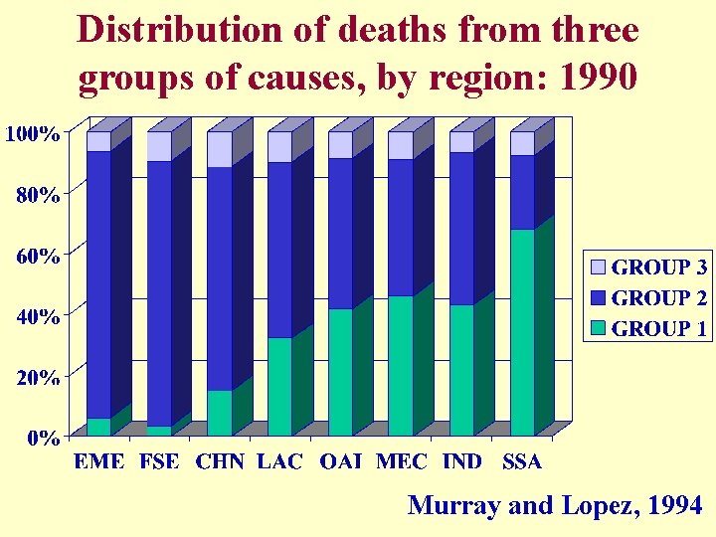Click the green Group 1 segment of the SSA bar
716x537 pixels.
coord(522,333)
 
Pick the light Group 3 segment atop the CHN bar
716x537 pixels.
coord(220,149)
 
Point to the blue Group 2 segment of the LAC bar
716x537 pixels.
coord(280,250)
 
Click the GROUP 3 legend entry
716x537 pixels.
coord(647,268)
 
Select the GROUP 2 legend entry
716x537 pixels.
coord(647,298)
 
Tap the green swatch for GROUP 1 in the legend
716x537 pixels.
coord(598,329)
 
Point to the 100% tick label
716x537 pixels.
coord(32,132)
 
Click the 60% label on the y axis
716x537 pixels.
coord(37,255)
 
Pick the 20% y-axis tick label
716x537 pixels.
coord(37,377)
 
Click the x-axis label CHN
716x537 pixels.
coord(220,461)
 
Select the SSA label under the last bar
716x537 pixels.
coord(522,461)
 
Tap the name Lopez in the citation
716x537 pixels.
coord(599,506)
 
